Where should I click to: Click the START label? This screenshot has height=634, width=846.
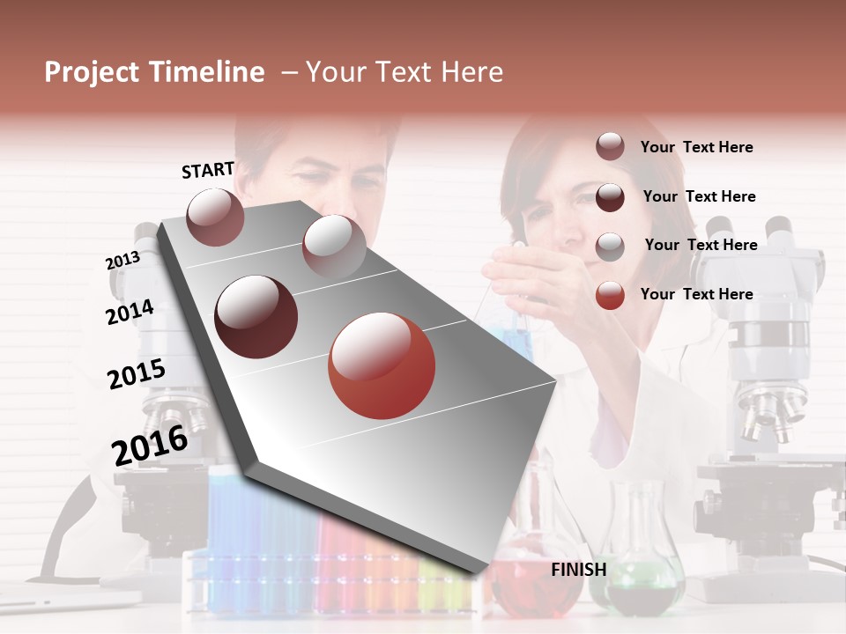tap(208, 170)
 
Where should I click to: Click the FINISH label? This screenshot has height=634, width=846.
tap(578, 570)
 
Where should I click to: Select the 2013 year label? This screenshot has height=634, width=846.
tap(122, 261)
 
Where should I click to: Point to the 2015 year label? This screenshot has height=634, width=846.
tap(137, 375)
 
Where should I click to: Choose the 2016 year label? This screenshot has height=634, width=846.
tap(150, 445)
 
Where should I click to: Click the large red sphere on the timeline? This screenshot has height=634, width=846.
tap(382, 366)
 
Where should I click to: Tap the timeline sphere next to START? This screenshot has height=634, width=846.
tap(215, 217)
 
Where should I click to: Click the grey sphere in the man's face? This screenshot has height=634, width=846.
tap(334, 247)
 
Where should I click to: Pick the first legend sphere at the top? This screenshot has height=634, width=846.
tap(610, 147)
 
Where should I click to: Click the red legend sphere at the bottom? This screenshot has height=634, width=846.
tap(610, 295)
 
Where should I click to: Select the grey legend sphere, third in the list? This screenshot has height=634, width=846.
tap(610, 247)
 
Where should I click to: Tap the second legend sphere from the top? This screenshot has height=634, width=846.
tap(610, 197)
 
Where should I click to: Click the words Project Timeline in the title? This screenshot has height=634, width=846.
tap(154, 72)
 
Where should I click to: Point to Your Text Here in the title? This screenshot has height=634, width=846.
tap(404, 72)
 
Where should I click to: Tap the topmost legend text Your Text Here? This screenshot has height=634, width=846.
tap(696, 147)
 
